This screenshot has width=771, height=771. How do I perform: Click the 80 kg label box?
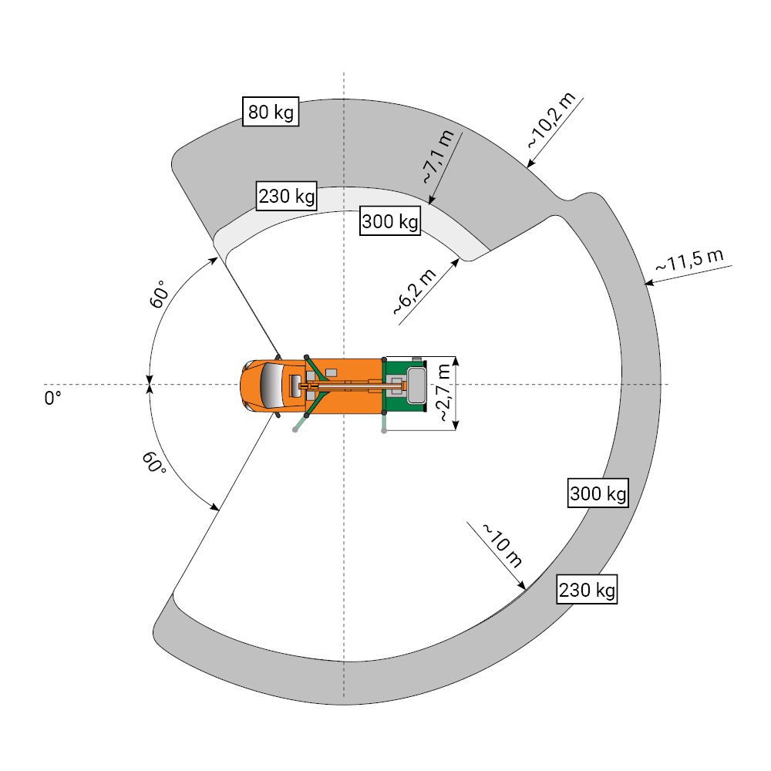[x=271, y=112]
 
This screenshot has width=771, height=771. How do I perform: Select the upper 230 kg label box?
[x=287, y=196]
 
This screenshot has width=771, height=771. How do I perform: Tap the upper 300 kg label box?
[x=390, y=221]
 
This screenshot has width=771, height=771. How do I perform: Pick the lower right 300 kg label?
[x=598, y=493]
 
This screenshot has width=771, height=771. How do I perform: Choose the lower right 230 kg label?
[x=587, y=589]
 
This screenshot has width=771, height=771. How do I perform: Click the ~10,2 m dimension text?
[x=551, y=120]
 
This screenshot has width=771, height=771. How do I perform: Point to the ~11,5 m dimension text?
[x=689, y=260]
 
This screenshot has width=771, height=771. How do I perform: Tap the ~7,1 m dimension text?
[x=439, y=157]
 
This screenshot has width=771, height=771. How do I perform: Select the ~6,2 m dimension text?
[x=415, y=292]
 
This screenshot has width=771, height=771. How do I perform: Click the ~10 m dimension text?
[x=503, y=545]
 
